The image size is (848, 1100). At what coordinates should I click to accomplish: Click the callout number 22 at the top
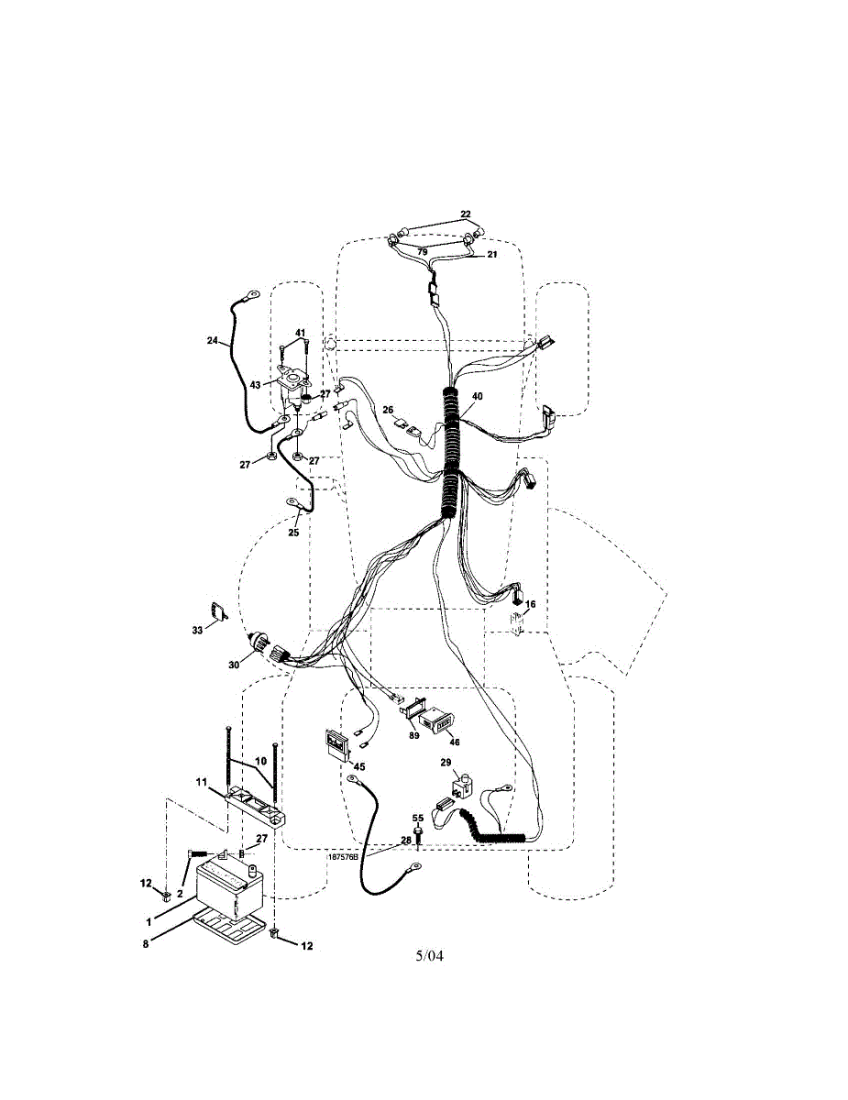466,214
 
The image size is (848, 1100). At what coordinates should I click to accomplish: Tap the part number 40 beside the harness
477,397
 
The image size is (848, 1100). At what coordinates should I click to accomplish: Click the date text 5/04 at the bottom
429,956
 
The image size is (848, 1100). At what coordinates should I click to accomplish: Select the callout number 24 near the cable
212,341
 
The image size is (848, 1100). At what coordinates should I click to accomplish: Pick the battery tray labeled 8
229,925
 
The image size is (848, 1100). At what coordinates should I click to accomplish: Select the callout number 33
197,630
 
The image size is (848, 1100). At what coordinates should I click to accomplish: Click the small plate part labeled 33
218,611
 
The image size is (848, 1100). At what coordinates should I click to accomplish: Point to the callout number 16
530,604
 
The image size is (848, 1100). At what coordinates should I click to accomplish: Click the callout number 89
414,735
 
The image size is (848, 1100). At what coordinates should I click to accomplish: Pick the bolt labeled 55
418,834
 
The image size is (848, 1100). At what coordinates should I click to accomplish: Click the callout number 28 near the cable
405,839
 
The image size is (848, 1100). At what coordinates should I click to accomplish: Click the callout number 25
293,532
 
